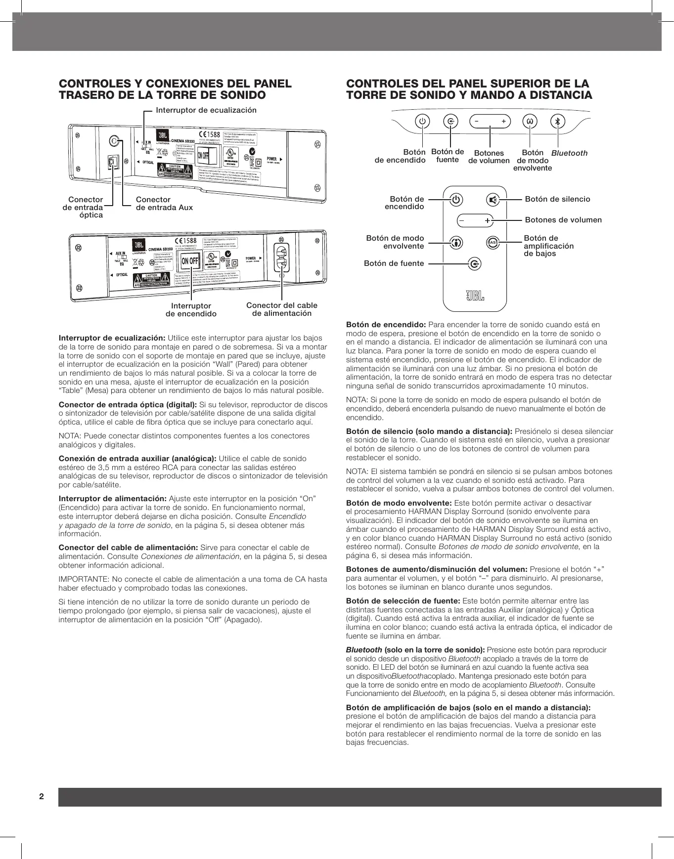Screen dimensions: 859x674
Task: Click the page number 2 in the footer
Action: [x=42, y=797]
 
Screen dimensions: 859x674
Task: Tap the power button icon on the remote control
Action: [x=456, y=200]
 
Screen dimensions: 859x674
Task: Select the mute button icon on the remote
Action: [x=493, y=200]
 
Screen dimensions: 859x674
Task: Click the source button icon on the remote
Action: [x=474, y=264]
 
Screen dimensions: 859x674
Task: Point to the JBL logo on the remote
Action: [x=475, y=296]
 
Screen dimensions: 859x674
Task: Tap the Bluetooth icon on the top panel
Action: [x=558, y=121]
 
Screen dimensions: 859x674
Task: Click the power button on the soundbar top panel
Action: [x=422, y=121]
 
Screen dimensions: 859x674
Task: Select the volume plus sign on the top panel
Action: [x=503, y=121]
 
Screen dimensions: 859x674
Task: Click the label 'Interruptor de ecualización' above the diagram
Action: [x=206, y=110]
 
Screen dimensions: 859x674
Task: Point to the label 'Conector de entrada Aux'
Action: [x=164, y=204]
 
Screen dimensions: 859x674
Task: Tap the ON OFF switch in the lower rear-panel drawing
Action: [x=190, y=261]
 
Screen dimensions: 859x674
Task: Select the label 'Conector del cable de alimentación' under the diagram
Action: [x=282, y=309]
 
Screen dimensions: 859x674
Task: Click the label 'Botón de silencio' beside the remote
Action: [x=557, y=199]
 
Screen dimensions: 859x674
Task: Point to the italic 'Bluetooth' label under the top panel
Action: [x=569, y=153]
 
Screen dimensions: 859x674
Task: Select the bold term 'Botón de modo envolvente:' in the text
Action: [x=399, y=503]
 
